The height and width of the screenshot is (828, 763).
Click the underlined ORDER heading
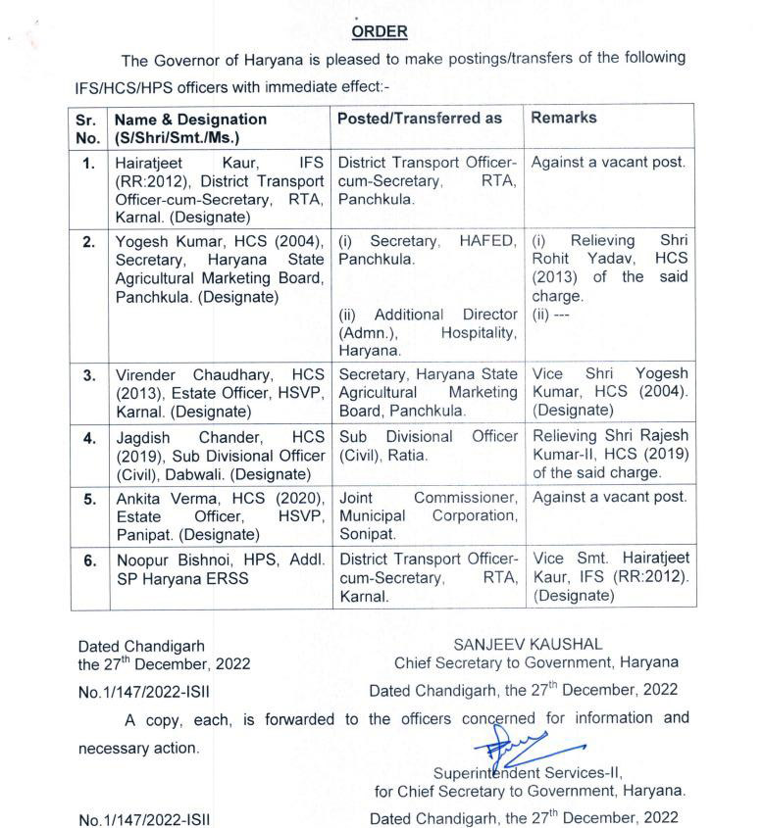(380, 31)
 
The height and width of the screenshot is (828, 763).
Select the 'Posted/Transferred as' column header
(420, 118)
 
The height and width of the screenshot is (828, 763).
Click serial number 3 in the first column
(89, 375)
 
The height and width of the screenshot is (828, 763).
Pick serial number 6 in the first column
(89, 560)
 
